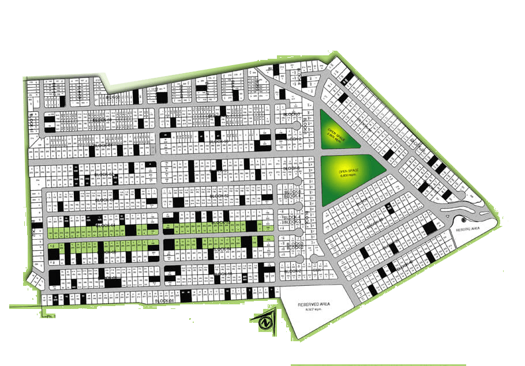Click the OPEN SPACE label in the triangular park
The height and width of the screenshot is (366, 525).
click(x=335, y=132)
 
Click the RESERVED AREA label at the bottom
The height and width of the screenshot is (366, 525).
click(x=313, y=304)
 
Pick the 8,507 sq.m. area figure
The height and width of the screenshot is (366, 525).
click(x=313, y=310)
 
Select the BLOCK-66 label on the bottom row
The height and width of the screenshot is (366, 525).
click(x=164, y=301)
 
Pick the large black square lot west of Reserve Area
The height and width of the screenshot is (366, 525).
click(x=430, y=228)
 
